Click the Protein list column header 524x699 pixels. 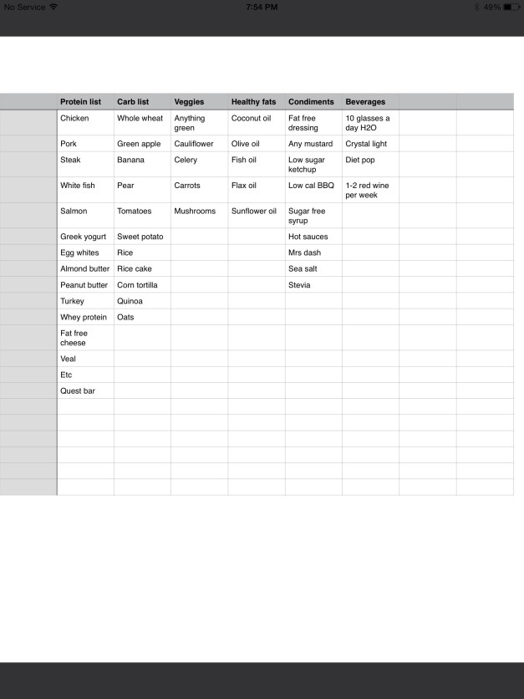point(80,102)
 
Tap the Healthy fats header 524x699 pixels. point(253,102)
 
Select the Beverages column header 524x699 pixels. point(365,102)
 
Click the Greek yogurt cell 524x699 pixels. point(83,237)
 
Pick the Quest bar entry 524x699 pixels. point(77,390)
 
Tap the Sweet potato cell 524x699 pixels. point(140,237)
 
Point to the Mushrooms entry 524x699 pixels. point(195,212)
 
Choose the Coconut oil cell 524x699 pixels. point(252,119)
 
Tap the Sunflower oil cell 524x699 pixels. point(254,212)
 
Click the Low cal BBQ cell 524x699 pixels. point(311,186)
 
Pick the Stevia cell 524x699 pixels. point(299,285)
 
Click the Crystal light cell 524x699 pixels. point(366,144)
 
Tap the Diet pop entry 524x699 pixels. point(360,161)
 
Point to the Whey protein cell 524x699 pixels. point(84,318)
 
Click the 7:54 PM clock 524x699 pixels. point(262,7)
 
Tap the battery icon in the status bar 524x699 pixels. point(511,7)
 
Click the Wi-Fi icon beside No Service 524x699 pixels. point(54,7)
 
